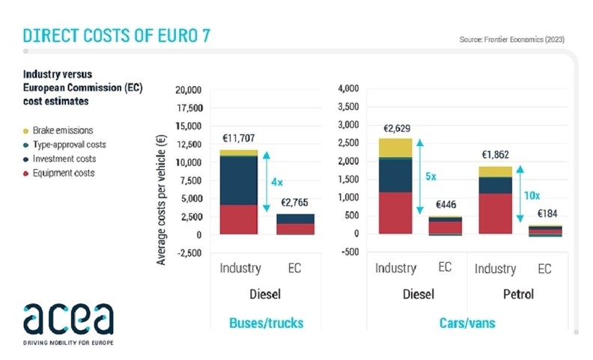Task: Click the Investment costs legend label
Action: click(x=67, y=159)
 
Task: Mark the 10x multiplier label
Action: click(x=531, y=195)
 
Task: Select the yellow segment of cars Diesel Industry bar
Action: click(x=395, y=147)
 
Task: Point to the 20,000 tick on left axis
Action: click(x=187, y=90)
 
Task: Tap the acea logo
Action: click(x=68, y=320)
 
